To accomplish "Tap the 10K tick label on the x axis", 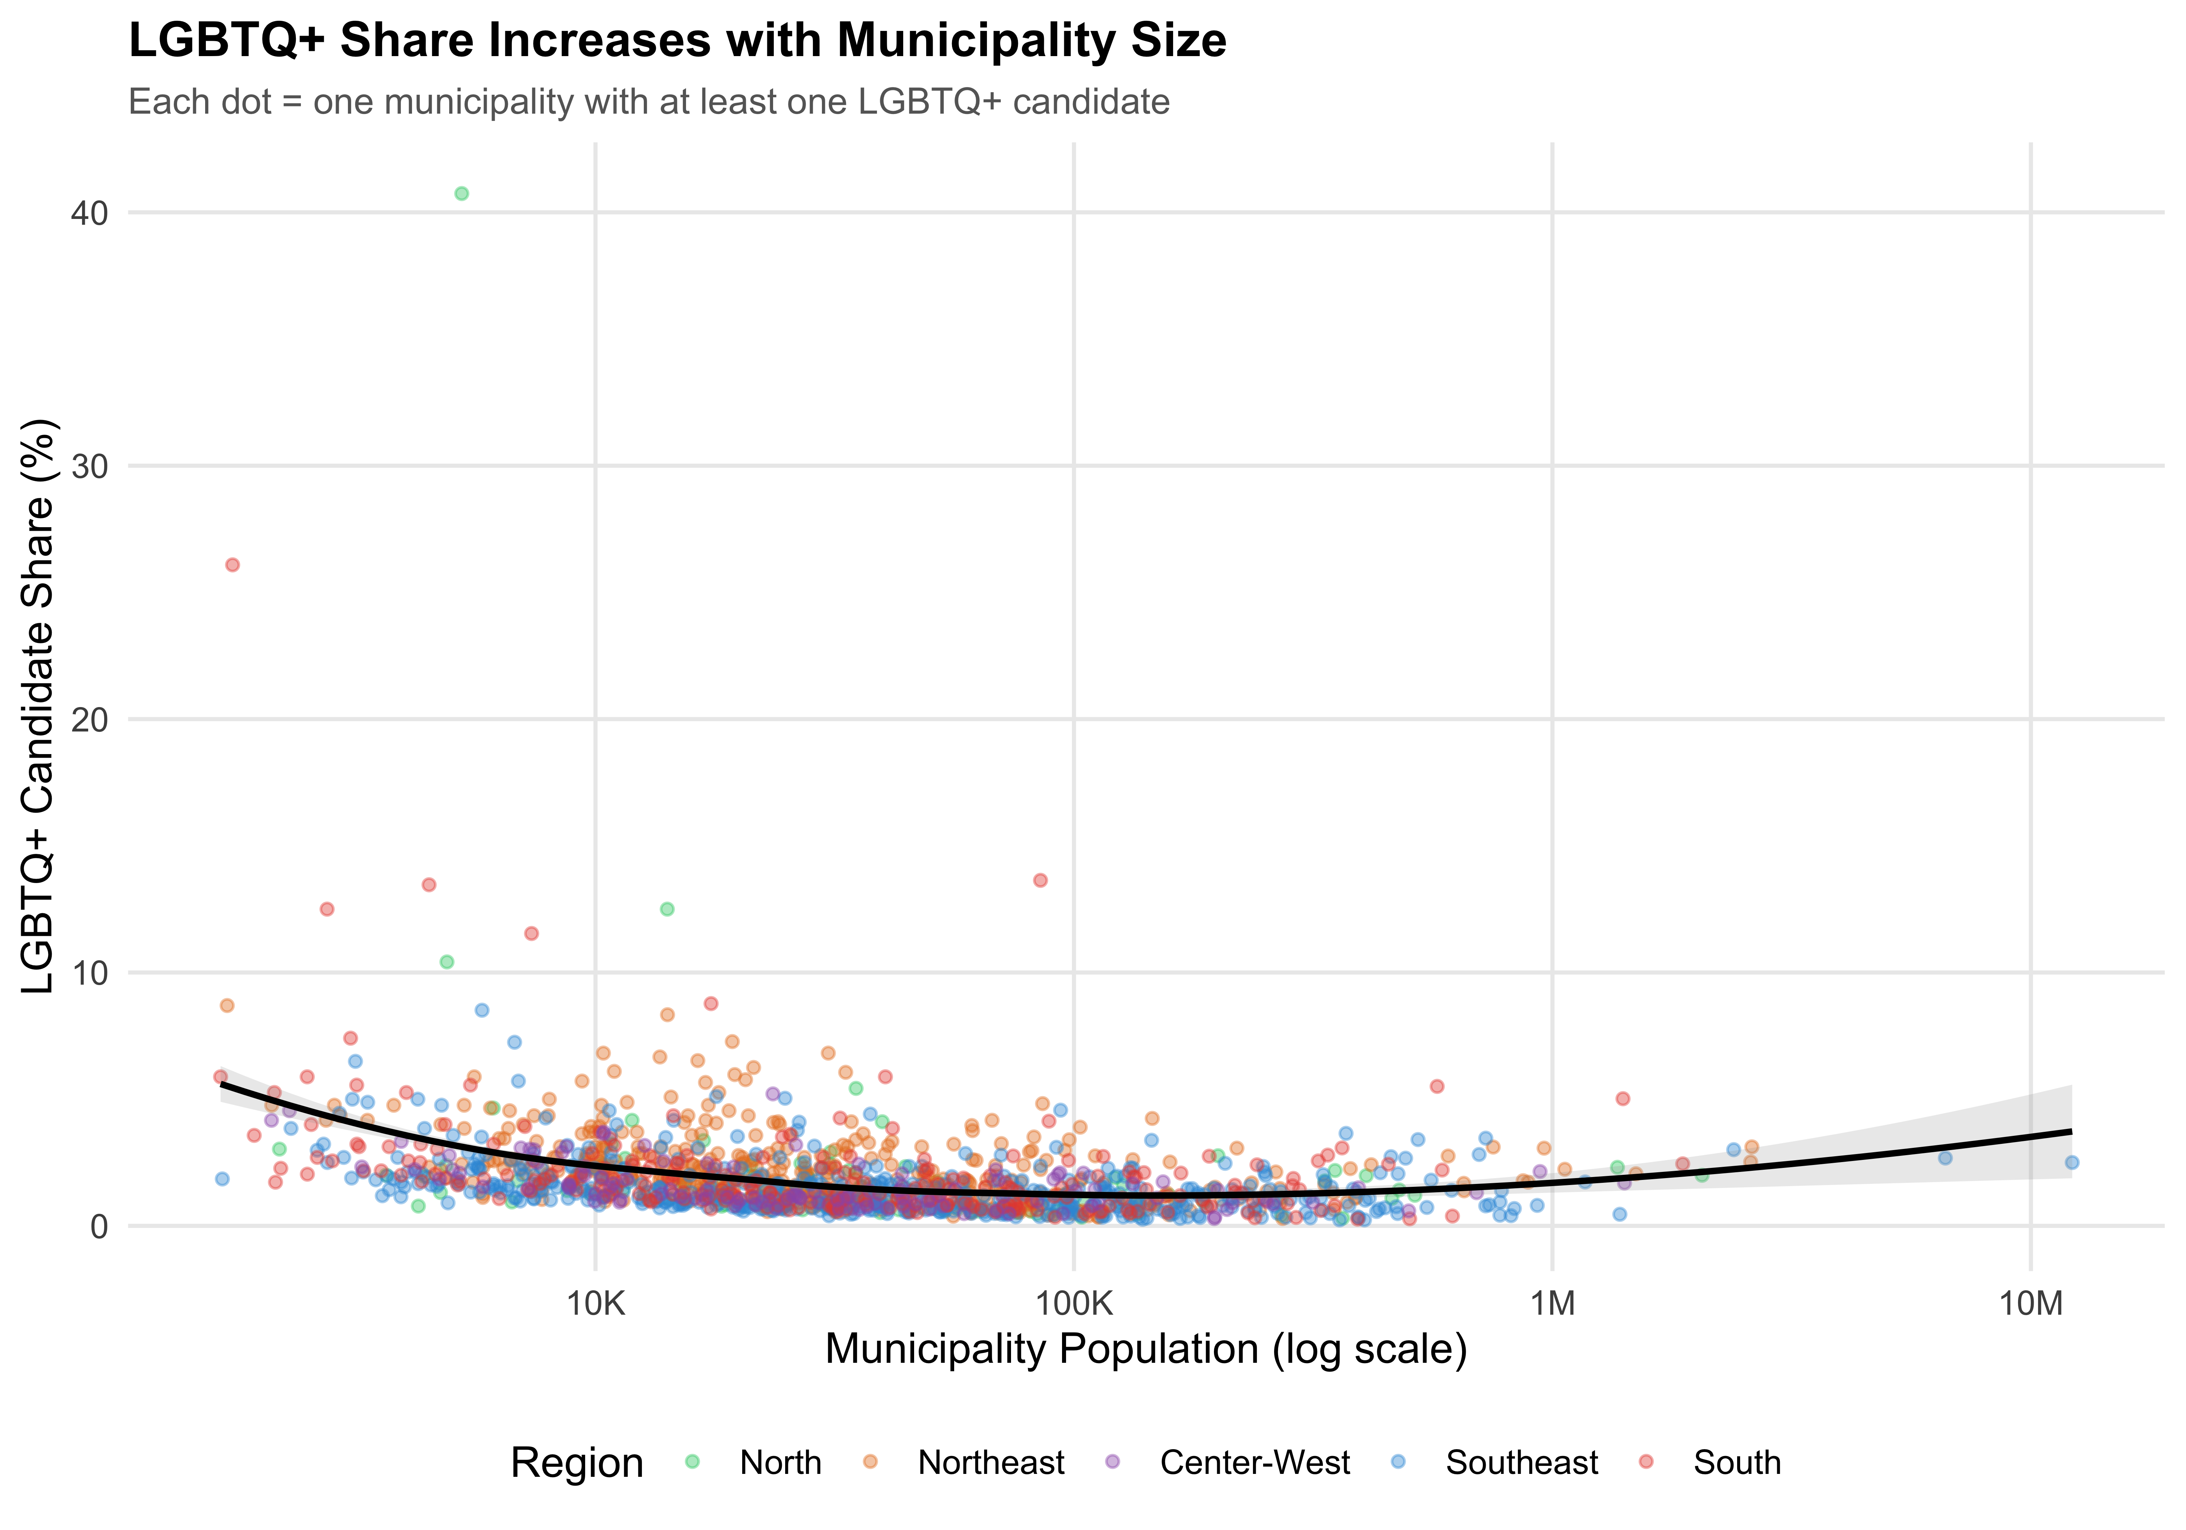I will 596,1303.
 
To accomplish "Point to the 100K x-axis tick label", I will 1074,1303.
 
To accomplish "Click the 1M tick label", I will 1553,1303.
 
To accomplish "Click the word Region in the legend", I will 577,1462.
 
